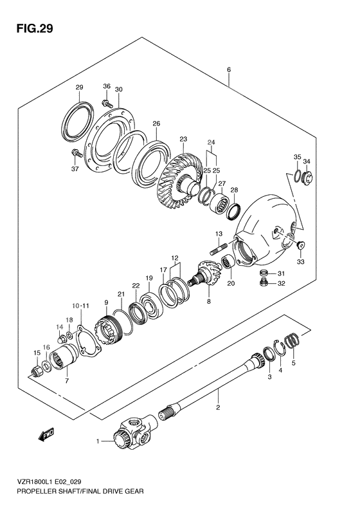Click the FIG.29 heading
[34, 28]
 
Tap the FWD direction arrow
[46, 434]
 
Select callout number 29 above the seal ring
[80, 87]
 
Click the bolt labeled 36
[107, 104]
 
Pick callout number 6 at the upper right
[229, 69]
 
